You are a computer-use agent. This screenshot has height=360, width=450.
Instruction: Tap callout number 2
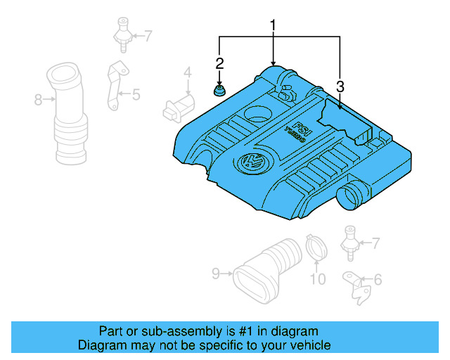pos(219,64)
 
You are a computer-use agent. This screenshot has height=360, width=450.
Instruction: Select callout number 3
pos(340,86)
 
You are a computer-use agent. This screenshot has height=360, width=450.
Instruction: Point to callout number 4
pos(188,72)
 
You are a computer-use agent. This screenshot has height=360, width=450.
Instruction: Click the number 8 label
pos(39,100)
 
